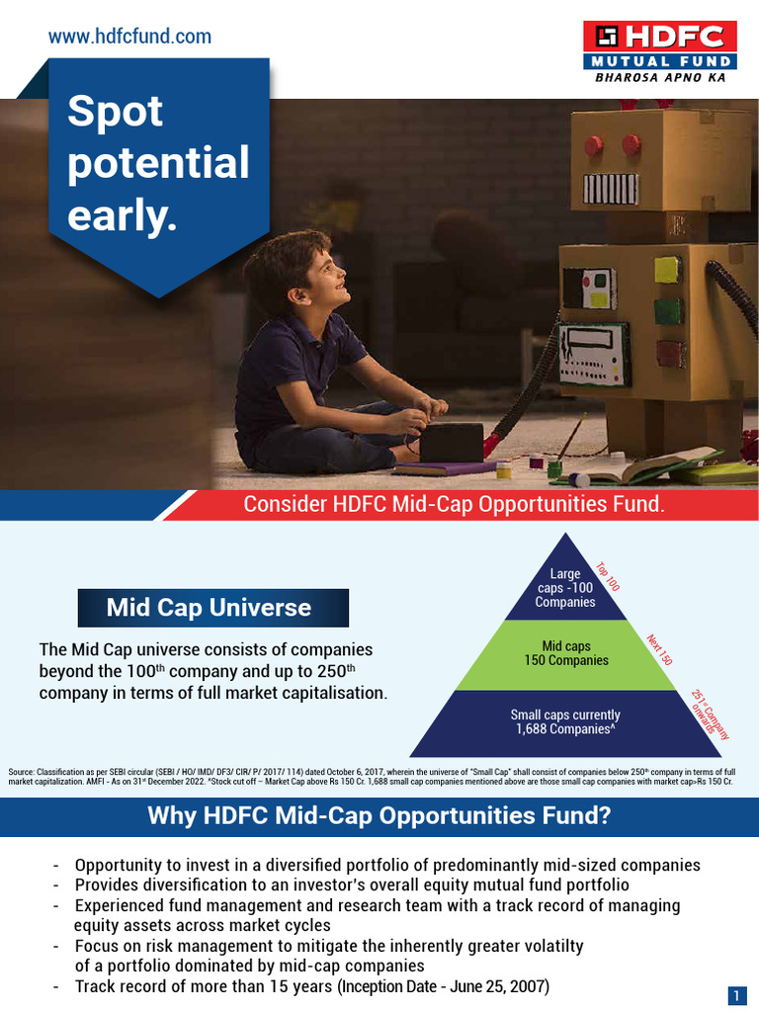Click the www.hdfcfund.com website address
tap(129, 37)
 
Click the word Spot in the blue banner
tap(115, 112)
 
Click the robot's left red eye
tap(594, 146)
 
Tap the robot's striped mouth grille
tap(611, 189)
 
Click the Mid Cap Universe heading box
tap(212, 608)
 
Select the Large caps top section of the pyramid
tap(566, 588)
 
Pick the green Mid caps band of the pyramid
tap(566, 654)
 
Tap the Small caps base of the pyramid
tap(566, 722)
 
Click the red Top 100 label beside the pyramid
tap(607, 577)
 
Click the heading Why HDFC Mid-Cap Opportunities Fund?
tap(379, 816)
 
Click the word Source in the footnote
tap(20, 771)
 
